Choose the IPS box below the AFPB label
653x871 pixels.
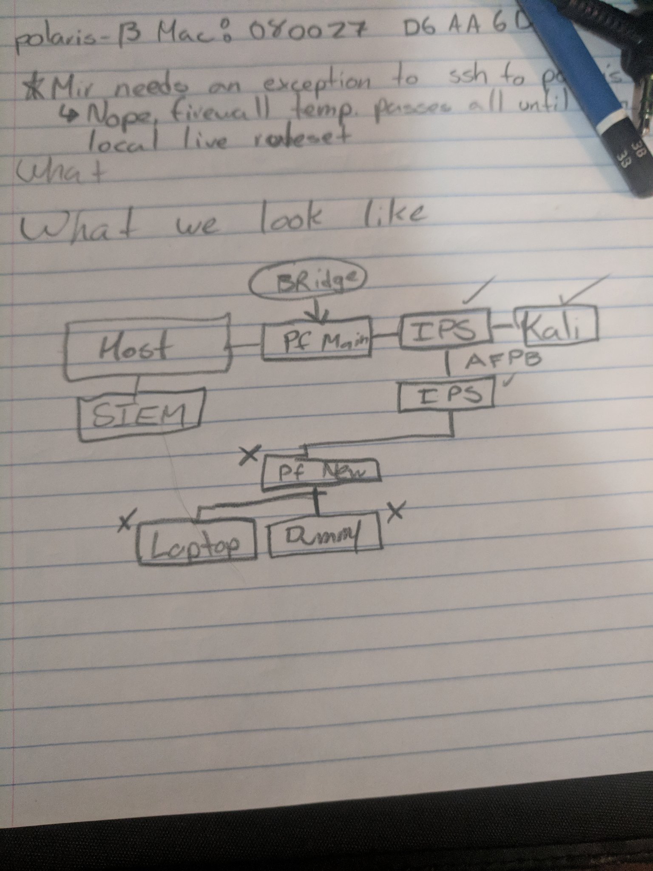tap(446, 396)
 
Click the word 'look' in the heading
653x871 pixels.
tap(289, 220)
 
